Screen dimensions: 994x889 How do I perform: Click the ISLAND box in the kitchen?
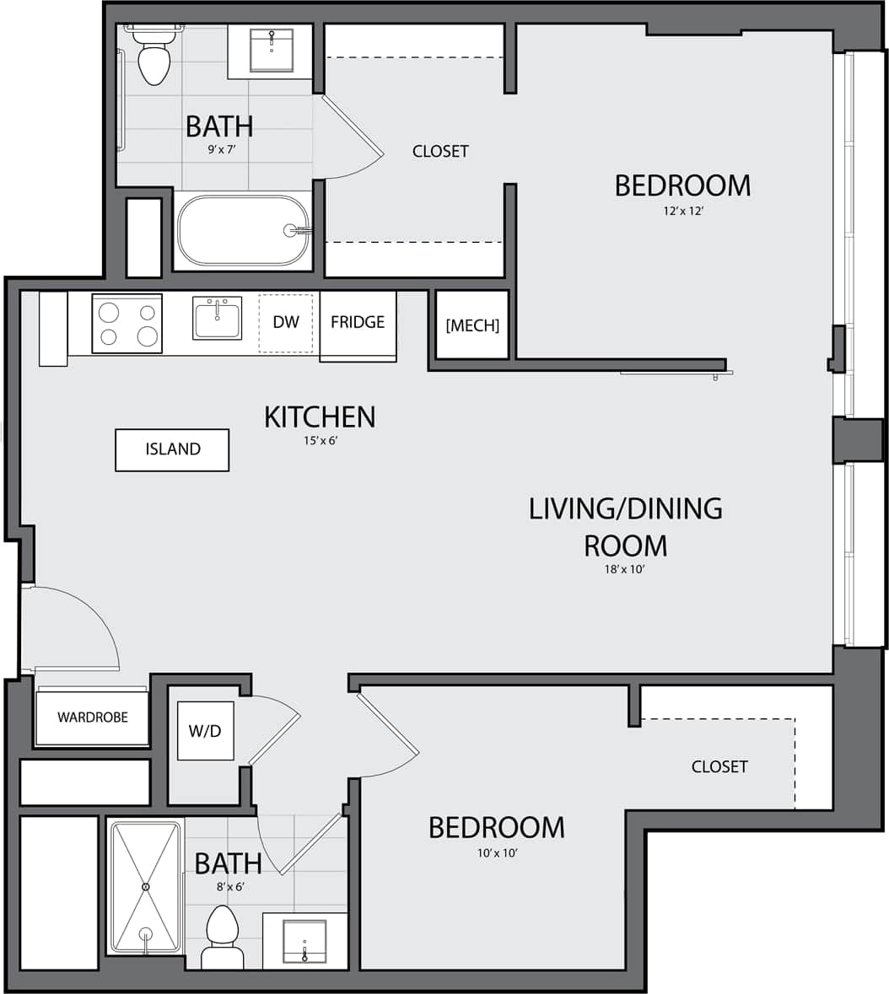[x=172, y=449]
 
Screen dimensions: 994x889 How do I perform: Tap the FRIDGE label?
[x=358, y=322]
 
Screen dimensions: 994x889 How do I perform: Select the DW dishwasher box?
[x=286, y=322]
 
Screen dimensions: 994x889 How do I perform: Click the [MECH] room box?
[x=472, y=325]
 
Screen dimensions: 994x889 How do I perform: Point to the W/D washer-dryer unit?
[x=205, y=730]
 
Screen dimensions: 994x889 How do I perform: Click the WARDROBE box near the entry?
[x=93, y=717]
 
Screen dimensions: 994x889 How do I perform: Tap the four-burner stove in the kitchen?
[x=127, y=324]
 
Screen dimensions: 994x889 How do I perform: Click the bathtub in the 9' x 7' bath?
[x=243, y=230]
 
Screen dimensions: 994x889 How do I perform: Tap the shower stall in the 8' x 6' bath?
[x=146, y=887]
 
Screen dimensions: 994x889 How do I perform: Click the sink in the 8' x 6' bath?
[x=304, y=941]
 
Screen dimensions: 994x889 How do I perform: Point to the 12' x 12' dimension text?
[x=683, y=212]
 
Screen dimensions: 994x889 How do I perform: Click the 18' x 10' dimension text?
[x=625, y=570]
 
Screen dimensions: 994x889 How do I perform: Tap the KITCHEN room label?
[x=320, y=416]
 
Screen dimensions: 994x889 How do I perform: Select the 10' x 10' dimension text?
[x=497, y=853]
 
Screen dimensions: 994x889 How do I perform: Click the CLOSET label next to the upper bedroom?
[x=440, y=152]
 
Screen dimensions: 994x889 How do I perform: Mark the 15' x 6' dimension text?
[x=320, y=441]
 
